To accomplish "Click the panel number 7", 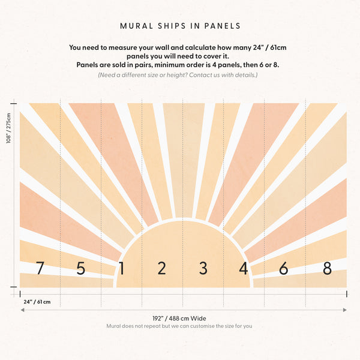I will point(40,268).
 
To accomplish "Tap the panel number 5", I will point(81,268).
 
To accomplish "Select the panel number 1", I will point(122,268).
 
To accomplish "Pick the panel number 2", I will point(161,268).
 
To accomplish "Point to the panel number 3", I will point(203,268).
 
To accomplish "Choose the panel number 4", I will point(243,268).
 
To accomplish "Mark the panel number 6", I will point(283,268).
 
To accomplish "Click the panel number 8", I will point(327,268).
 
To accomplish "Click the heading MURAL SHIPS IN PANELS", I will point(180,26).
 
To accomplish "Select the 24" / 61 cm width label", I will point(37,301).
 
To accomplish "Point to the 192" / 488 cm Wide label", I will point(179,319).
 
